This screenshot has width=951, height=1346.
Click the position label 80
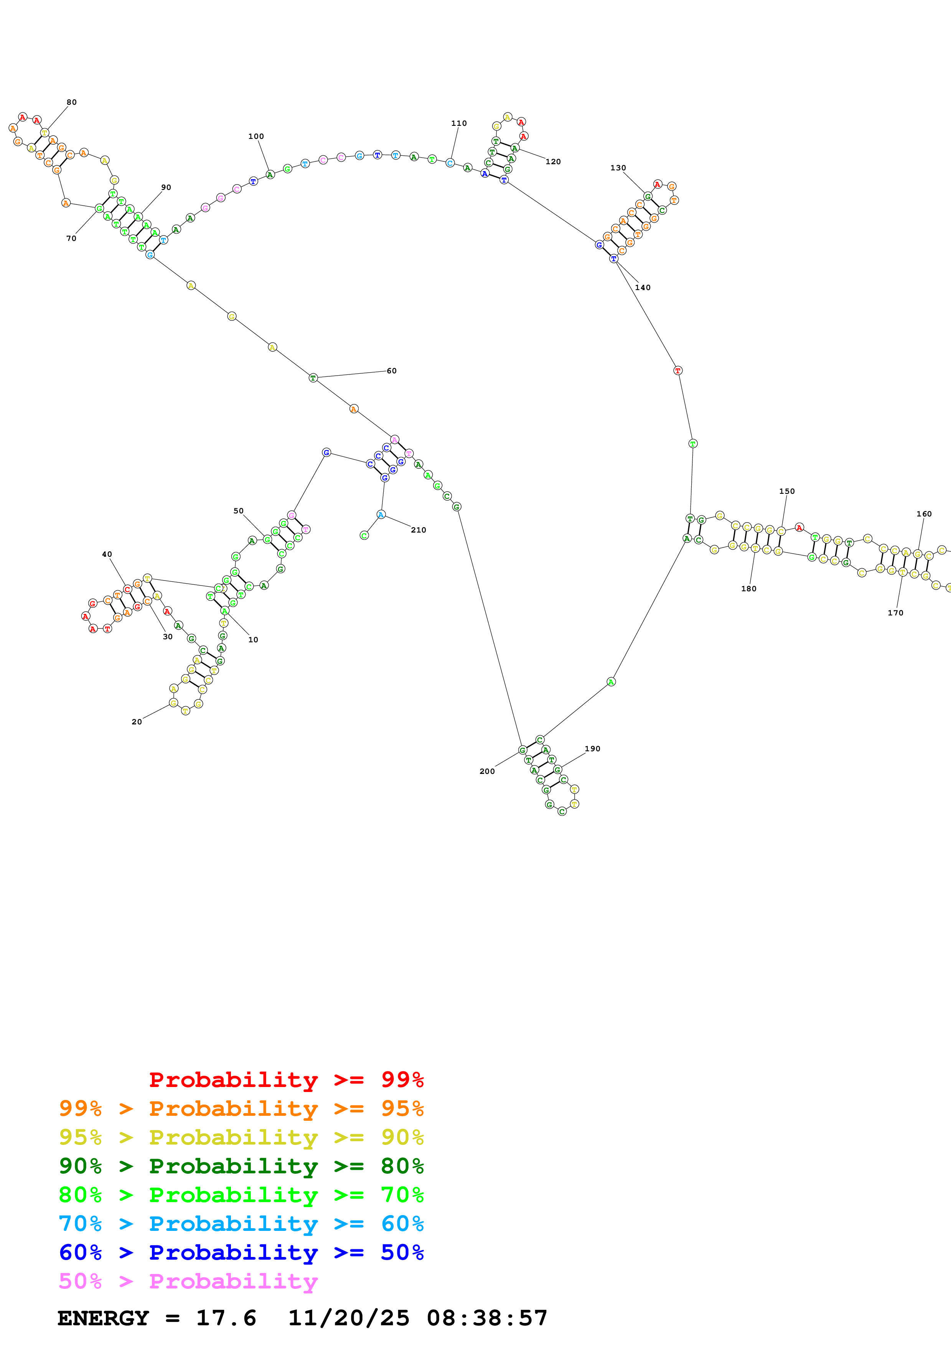pos(71,102)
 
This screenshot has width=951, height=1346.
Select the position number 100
pos(256,136)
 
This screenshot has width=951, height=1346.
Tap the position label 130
pos(618,168)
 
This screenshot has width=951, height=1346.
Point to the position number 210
pos(419,530)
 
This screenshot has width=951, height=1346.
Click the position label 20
pos(137,722)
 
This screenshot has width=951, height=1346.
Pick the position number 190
pos(592,749)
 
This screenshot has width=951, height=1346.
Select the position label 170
pos(895,613)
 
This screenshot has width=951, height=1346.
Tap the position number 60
pos(391,371)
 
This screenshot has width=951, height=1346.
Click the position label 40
pos(107,554)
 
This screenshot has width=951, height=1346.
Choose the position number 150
pos(787,491)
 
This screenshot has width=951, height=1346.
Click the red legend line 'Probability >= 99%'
pos(286,1080)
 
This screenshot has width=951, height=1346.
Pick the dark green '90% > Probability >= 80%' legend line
pos(241,1166)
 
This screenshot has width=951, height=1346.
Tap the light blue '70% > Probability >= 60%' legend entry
pos(241,1224)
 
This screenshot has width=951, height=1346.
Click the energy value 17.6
pos(226,1318)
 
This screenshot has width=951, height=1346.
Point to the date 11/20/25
pos(349,1318)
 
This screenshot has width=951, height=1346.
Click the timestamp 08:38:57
pos(487,1318)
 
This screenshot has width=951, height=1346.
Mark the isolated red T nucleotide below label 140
pos(678,371)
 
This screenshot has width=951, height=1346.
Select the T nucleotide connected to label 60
pos(313,378)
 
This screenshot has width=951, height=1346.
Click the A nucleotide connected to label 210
pos(381,515)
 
